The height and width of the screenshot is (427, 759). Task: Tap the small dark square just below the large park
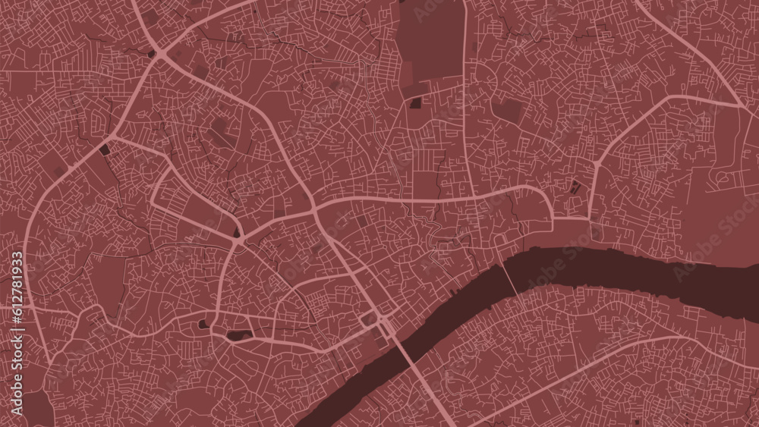[416, 103]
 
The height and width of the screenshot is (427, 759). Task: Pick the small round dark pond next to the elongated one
[203, 325]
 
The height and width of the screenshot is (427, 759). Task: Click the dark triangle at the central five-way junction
[238, 233]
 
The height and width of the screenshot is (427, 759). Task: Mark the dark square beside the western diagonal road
[105, 150]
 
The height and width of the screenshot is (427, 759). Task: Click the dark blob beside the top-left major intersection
[152, 54]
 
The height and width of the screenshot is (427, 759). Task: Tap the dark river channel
[607, 269]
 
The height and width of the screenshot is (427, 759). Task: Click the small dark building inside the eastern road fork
[575, 186]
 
